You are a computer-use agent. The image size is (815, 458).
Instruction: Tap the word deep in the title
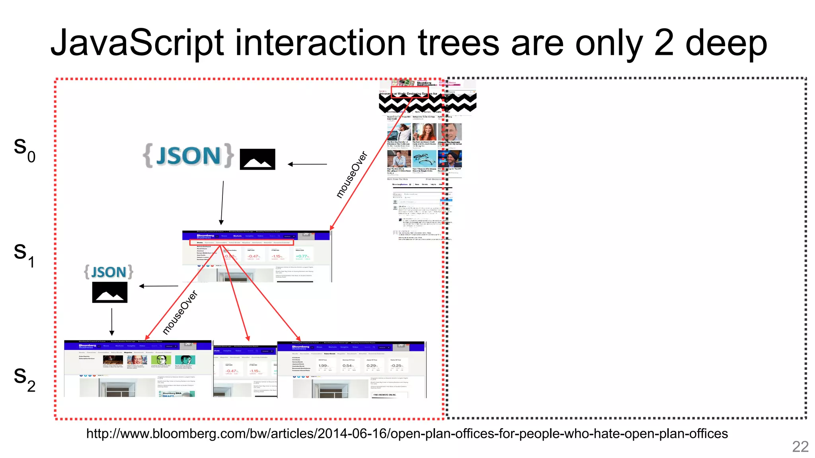click(x=726, y=44)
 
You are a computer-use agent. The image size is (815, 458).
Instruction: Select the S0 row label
click(x=24, y=149)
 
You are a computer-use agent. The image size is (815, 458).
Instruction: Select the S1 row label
click(x=24, y=254)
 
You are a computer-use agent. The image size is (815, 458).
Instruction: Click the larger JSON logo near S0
click(x=188, y=156)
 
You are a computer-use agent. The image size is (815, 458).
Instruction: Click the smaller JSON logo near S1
click(x=109, y=272)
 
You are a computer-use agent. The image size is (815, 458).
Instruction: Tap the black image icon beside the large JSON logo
click(x=257, y=159)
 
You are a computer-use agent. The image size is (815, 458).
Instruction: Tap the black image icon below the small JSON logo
click(x=110, y=292)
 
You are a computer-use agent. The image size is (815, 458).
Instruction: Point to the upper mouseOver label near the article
click(x=351, y=175)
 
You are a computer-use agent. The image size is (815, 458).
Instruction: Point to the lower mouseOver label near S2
click(x=180, y=312)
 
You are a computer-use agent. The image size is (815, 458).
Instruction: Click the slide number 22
click(x=800, y=446)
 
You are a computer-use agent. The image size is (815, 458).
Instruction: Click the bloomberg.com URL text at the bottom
click(x=407, y=433)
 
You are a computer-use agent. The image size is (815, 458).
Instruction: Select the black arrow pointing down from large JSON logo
click(x=222, y=203)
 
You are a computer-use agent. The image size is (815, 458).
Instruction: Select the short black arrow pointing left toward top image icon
click(x=307, y=164)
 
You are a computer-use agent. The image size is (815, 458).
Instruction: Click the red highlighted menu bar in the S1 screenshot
click(x=242, y=242)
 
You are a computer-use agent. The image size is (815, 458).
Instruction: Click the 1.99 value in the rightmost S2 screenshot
click(x=323, y=366)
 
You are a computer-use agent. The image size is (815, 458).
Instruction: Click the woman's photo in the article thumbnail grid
click(x=424, y=132)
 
